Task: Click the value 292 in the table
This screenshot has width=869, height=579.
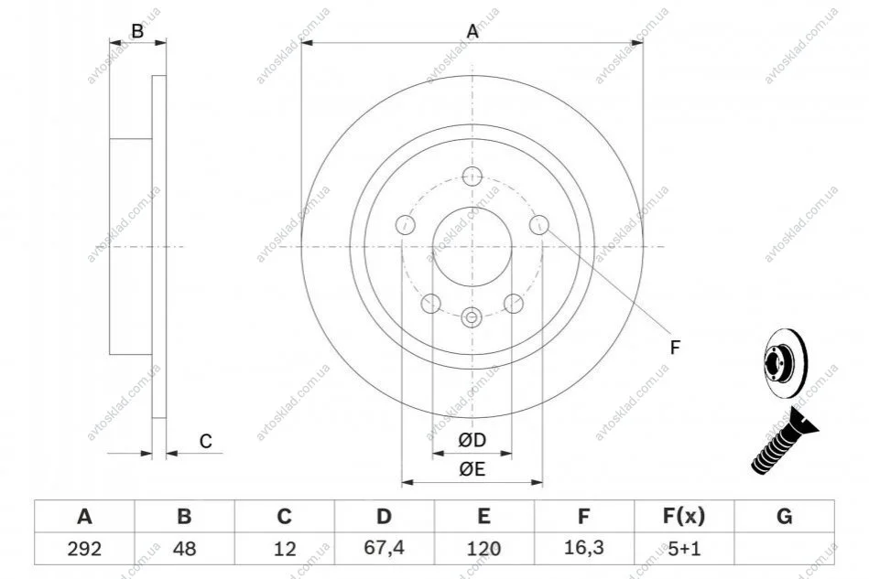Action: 84,549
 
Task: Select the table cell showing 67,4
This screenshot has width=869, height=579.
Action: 384,548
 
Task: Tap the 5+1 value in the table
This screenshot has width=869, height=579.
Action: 684,549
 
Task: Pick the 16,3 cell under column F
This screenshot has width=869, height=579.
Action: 583,548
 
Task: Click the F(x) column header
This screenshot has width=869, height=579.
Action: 684,516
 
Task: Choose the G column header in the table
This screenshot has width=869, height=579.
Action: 784,516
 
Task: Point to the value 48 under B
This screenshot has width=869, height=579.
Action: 184,549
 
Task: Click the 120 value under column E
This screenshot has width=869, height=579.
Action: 483,549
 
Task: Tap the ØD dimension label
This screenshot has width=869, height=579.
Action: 473,440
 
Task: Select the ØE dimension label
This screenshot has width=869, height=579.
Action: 473,469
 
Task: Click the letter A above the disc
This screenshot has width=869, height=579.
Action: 473,31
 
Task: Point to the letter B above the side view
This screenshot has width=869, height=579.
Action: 136,31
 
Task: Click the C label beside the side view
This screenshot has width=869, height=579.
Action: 206,441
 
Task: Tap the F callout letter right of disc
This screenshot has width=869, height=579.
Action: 675,348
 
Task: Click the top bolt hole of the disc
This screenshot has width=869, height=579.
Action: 473,176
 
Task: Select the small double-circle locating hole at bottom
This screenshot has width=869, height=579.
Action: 472,317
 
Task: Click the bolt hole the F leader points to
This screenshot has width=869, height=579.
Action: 538,225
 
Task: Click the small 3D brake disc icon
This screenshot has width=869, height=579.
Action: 786,363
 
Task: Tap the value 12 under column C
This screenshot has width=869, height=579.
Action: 284,549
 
